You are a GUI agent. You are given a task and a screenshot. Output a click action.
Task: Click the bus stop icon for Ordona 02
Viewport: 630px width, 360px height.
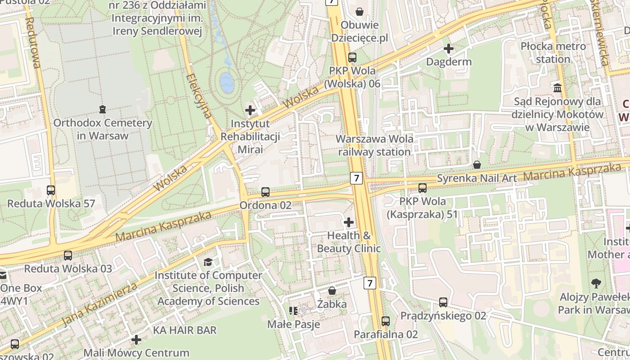(x=265, y=192)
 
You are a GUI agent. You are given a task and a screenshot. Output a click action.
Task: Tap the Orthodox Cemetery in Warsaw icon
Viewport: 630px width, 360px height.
(x=103, y=109)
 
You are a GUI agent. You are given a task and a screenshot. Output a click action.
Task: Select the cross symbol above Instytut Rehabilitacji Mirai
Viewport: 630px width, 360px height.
(x=250, y=110)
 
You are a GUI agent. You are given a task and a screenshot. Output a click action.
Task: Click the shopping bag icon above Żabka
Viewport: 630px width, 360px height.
(x=332, y=291)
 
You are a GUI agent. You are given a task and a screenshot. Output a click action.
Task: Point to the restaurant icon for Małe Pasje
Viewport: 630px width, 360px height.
(x=293, y=311)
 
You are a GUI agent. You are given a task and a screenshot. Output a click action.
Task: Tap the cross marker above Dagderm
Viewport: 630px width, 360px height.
(x=449, y=49)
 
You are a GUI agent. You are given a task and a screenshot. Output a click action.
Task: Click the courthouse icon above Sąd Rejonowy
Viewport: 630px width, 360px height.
(x=558, y=88)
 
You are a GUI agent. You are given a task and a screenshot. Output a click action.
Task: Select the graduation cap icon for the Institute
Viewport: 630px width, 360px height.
(x=208, y=262)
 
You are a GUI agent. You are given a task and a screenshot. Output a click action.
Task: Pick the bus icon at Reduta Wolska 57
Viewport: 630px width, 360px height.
(x=51, y=190)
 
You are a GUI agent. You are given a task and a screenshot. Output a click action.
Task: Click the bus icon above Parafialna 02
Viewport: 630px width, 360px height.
(x=386, y=321)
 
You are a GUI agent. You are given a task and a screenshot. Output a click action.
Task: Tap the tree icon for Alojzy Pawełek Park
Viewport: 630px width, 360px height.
(x=596, y=283)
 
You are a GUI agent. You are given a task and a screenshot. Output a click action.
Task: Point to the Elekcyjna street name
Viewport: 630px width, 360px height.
(x=198, y=96)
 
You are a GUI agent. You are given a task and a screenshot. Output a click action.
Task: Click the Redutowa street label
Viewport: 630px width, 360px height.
(x=34, y=43)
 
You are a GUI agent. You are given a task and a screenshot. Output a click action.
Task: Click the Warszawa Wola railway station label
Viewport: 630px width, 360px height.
(x=374, y=145)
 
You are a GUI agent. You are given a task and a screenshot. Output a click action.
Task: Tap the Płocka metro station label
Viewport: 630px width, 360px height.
(x=553, y=53)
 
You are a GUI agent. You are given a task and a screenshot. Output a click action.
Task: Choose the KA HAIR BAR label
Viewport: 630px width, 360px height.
(x=184, y=330)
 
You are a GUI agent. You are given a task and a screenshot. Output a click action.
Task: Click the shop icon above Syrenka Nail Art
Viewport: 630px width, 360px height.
(x=477, y=165)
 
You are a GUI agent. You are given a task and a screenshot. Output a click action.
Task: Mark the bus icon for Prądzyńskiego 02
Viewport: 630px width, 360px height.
(x=443, y=302)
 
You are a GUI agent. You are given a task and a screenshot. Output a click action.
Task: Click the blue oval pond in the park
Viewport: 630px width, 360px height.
(x=226, y=82)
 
